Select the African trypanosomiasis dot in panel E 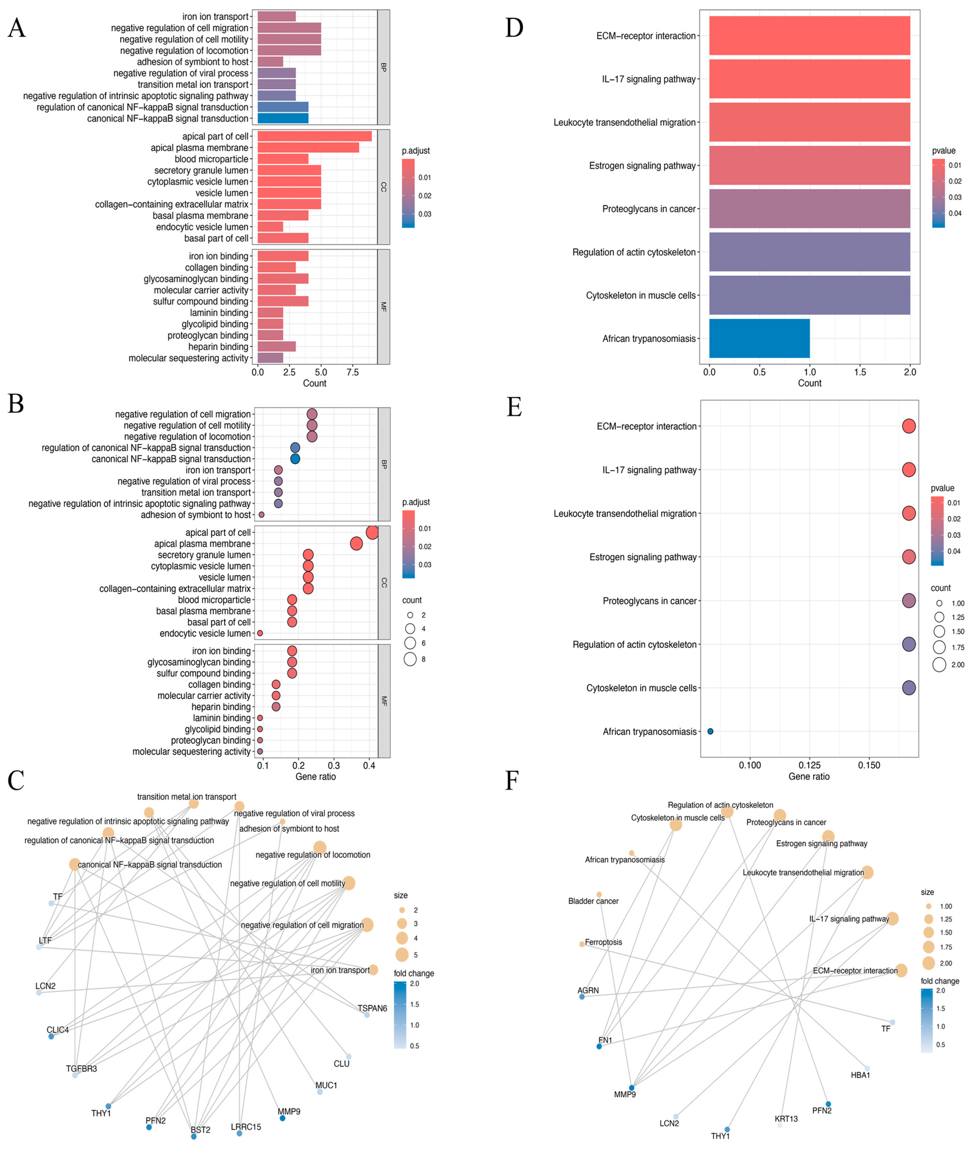(710, 731)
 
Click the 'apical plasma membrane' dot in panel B (356, 544)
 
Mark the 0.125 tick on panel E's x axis (809, 765)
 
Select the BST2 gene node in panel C (194, 1137)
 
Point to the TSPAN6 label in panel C (372, 1008)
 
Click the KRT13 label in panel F (786, 1119)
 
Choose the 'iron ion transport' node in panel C (373, 970)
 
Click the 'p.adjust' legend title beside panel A (416, 151)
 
